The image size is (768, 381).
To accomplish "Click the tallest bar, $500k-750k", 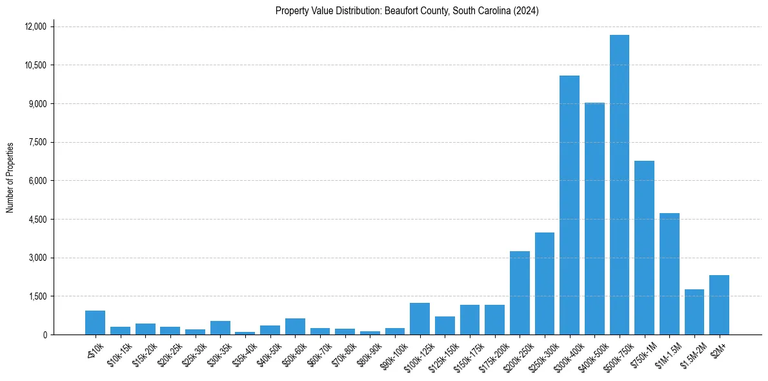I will point(619,187).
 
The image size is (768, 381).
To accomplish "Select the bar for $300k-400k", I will point(569,207).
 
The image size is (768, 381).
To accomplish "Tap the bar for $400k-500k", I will point(594,220).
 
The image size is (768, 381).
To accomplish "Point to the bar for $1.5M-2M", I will point(694,313).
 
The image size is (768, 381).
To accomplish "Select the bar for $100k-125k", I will point(419,319).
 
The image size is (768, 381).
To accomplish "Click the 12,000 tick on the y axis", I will point(36,26).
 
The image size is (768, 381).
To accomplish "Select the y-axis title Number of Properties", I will point(10,178).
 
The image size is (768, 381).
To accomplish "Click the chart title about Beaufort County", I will point(407,11).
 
